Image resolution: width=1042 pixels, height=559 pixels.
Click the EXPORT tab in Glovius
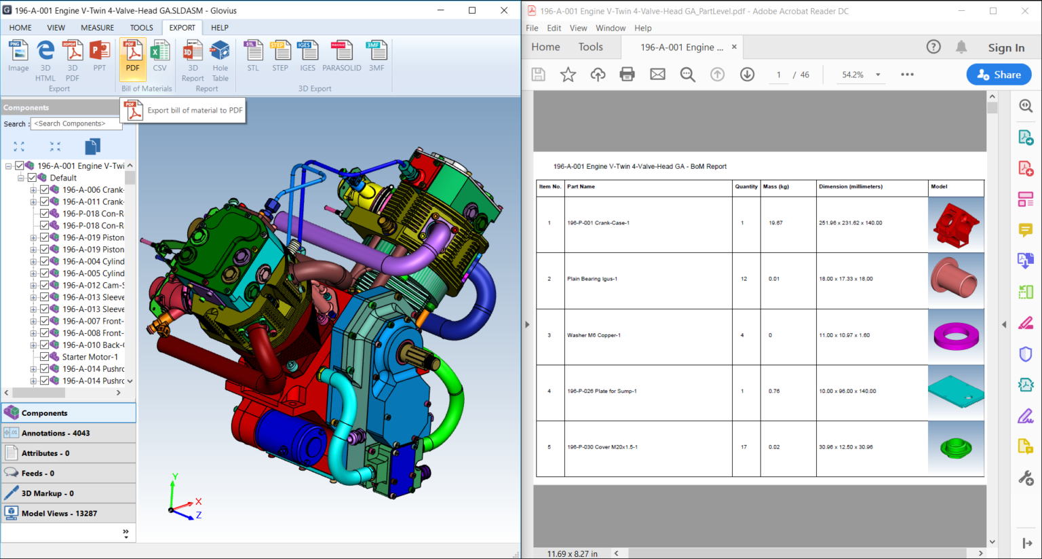[182, 28]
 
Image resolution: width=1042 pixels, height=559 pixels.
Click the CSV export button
[159, 56]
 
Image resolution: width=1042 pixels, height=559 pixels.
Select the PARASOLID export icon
[341, 56]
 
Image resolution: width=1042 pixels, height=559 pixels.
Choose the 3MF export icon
[377, 56]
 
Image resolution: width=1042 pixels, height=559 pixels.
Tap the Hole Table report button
[220, 60]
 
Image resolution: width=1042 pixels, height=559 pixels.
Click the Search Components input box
[76, 123]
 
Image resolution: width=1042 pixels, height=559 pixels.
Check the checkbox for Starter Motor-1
[44, 357]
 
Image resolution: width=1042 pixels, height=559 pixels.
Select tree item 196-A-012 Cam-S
[93, 286]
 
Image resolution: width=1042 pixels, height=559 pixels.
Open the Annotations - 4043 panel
[56, 433]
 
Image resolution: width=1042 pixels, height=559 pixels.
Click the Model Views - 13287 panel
[59, 514]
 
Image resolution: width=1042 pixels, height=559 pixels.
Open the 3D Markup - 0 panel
[47, 493]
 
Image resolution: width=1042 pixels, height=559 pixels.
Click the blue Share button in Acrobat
[999, 75]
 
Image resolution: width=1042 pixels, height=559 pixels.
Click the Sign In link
[1006, 47]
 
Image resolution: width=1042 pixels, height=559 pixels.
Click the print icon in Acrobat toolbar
[627, 75]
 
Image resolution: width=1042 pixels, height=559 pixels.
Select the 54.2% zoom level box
[853, 75]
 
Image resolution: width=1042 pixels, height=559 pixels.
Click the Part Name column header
[581, 187]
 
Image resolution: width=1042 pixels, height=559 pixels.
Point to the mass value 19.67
[775, 223]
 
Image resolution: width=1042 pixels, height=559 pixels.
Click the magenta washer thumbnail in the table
[956, 335]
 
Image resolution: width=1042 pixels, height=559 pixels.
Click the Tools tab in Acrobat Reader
[590, 47]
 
